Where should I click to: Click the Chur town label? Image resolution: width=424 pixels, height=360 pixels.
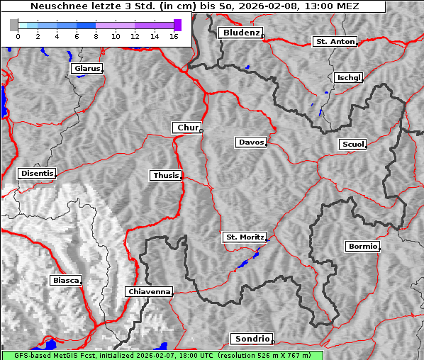click(187, 128)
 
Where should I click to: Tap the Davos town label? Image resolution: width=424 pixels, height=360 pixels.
click(251, 142)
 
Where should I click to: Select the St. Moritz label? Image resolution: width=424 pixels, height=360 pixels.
click(244, 237)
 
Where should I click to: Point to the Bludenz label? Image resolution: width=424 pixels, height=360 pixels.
click(240, 33)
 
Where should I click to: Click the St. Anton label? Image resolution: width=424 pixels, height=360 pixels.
click(335, 42)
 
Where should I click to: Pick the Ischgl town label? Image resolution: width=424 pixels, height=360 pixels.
click(349, 77)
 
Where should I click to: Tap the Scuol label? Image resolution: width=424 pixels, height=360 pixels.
click(352, 145)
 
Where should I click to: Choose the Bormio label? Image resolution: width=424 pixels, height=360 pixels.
click(362, 247)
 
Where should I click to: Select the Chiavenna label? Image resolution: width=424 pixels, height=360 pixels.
click(149, 291)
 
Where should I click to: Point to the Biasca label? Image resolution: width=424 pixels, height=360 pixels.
click(66, 281)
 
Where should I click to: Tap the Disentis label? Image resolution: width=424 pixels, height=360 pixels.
click(36, 173)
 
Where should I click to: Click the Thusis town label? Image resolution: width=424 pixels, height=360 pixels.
click(166, 175)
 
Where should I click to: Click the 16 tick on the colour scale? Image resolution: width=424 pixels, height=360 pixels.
click(174, 36)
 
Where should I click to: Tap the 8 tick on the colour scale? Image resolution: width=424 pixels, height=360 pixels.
click(96, 36)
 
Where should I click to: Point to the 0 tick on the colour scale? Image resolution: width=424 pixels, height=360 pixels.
click(17, 36)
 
